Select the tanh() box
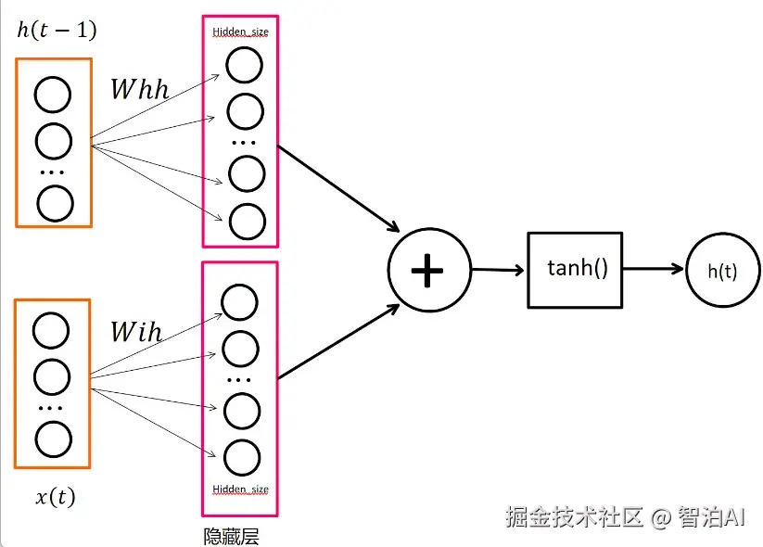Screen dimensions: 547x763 pyautogui.click(x=575, y=270)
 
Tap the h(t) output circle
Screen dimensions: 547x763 pyautogui.click(x=721, y=271)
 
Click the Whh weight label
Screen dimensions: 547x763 pyautogui.click(x=140, y=89)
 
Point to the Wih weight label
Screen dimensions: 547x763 pyautogui.click(x=136, y=331)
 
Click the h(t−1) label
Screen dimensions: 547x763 pyautogui.click(x=57, y=31)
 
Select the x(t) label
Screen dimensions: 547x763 pyautogui.click(x=56, y=497)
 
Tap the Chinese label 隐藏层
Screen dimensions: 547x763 pyautogui.click(x=232, y=536)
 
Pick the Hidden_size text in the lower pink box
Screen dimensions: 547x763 pyautogui.click(x=240, y=490)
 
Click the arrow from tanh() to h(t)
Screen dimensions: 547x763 pyautogui.click(x=654, y=270)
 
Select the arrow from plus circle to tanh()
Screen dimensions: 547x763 pyautogui.click(x=499, y=271)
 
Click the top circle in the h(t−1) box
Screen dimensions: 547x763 pyautogui.click(x=53, y=95)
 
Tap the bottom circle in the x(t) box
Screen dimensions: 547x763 pyautogui.click(x=52, y=440)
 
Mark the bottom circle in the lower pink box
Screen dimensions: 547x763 pyautogui.click(x=241, y=457)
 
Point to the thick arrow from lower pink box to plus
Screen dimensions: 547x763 pyautogui.click(x=338, y=344)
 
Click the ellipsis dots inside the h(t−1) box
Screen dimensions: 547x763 pyautogui.click(x=53, y=173)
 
